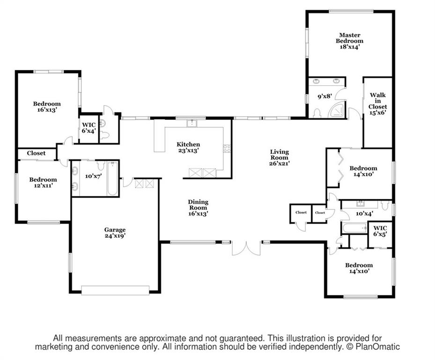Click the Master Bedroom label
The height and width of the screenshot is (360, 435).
coord(350,41)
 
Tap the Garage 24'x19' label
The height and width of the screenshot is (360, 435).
coord(115,233)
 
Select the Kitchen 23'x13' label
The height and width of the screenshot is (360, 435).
coord(188,147)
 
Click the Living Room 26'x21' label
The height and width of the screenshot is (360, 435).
coord(280,157)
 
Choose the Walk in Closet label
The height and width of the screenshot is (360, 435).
coord(377,104)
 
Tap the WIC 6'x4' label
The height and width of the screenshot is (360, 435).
coord(89,128)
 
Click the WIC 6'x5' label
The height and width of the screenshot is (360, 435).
coord(380,231)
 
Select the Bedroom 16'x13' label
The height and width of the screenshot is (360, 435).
coord(47,107)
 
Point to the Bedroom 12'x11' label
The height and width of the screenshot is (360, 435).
coord(43,182)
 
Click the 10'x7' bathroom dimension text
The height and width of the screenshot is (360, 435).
coord(93,176)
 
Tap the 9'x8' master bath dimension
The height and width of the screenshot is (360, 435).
coord(325,97)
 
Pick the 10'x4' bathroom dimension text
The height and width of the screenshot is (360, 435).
coord(364,213)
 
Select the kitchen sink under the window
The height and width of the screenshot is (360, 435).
coord(192,123)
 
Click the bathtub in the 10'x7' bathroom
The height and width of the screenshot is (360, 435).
coord(113,178)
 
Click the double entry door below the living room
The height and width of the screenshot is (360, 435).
coord(246,248)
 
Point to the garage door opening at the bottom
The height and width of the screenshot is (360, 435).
coord(115,290)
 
